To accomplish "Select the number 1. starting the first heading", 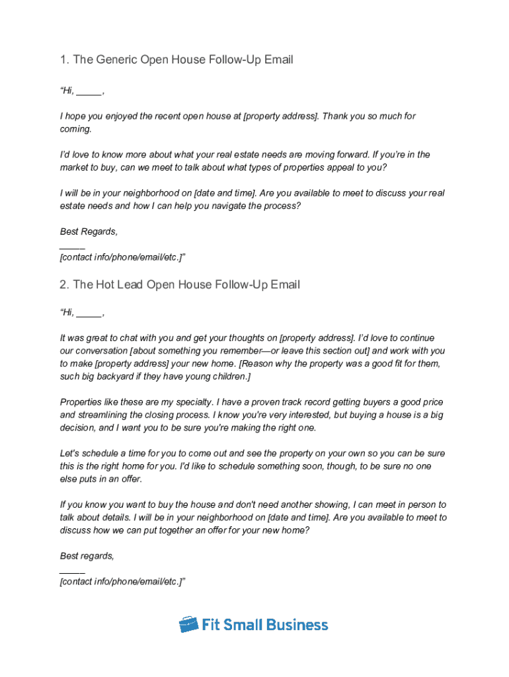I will [x=65, y=60].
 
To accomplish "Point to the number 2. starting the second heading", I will [x=65, y=285].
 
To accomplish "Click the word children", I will [x=228, y=376].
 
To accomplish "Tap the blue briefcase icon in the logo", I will [x=189, y=624].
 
